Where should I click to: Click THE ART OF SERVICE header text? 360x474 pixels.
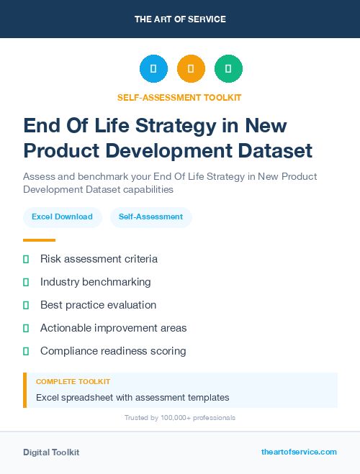click(180, 19)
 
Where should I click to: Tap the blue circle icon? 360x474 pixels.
click(153, 69)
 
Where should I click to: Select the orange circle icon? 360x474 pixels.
click(191, 69)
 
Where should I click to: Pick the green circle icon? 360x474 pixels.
click(228, 69)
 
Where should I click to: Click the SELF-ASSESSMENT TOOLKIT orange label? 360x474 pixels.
click(179, 97)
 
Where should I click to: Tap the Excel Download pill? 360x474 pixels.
click(62, 217)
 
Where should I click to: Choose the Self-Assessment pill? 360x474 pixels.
click(150, 217)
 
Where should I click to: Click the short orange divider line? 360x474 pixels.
click(39, 240)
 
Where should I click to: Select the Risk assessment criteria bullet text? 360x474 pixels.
click(99, 259)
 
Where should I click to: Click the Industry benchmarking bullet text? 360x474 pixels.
click(95, 282)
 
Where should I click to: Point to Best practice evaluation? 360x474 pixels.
click(98, 305)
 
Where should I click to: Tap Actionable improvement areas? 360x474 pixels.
click(113, 328)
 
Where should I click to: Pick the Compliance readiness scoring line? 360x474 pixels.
click(113, 351)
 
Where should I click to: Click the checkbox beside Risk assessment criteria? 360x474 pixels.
click(26, 259)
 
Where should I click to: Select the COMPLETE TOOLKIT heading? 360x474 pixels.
click(73, 382)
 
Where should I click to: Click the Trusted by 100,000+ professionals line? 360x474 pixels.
click(180, 417)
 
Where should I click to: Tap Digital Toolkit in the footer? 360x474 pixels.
click(51, 452)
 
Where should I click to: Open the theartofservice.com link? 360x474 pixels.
click(299, 452)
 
